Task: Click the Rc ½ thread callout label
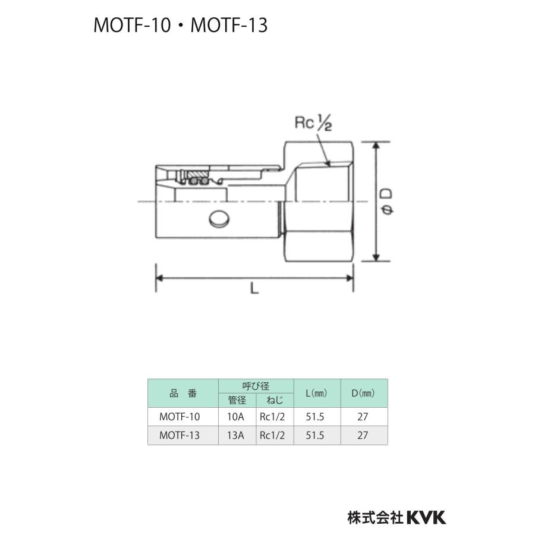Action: click(x=313, y=123)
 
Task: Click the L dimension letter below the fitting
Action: click(x=254, y=289)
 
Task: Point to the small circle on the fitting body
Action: click(x=218, y=219)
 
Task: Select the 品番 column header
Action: click(x=182, y=393)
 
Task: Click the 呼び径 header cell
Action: click(x=256, y=386)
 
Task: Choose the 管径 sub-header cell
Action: click(x=237, y=400)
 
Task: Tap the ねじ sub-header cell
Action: click(x=274, y=400)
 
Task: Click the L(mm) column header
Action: click(x=316, y=393)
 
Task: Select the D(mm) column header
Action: click(x=363, y=393)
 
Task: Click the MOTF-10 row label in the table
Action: click(x=180, y=417)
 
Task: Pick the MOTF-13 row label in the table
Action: click(x=180, y=435)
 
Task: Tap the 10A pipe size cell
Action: click(x=236, y=417)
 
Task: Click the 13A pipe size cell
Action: click(x=236, y=435)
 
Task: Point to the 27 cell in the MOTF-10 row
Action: click(x=363, y=417)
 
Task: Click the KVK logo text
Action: click(x=426, y=517)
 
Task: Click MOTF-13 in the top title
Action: click(x=229, y=25)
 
